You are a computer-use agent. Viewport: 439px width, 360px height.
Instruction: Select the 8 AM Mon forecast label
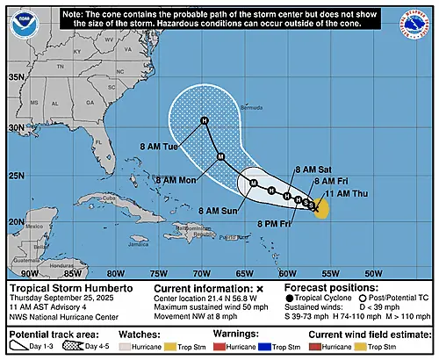click(x=178, y=180)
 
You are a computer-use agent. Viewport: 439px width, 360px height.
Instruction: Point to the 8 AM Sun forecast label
click(x=220, y=211)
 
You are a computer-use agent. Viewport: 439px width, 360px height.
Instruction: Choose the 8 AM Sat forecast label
click(x=313, y=168)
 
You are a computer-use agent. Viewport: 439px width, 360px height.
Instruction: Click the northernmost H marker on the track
click(x=204, y=120)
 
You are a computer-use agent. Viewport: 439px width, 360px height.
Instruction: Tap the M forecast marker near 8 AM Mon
click(x=220, y=157)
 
